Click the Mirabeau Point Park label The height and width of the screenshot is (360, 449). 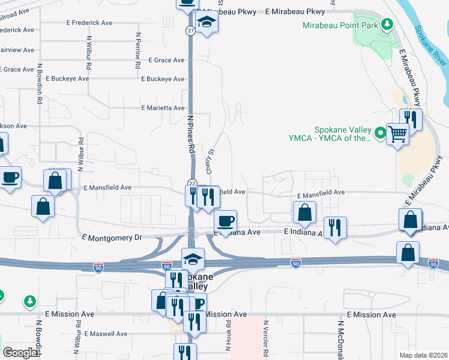click(x=340, y=25)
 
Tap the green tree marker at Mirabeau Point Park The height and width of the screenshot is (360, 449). click(x=388, y=25)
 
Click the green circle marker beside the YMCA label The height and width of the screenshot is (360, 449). click(x=379, y=133)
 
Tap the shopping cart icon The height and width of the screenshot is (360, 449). click(x=397, y=134)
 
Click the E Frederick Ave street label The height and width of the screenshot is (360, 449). click(x=89, y=22)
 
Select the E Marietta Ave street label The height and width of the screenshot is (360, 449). click(x=163, y=108)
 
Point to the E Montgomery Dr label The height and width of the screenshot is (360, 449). click(x=112, y=238)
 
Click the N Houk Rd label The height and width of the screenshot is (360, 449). click(x=229, y=339)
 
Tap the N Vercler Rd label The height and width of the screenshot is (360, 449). click(x=265, y=339)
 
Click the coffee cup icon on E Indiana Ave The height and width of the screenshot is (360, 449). click(x=225, y=221)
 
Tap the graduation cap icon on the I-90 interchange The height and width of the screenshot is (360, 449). click(x=193, y=259)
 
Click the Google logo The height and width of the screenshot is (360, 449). click(x=20, y=353)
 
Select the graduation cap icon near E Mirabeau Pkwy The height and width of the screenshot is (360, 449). click(x=207, y=23)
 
